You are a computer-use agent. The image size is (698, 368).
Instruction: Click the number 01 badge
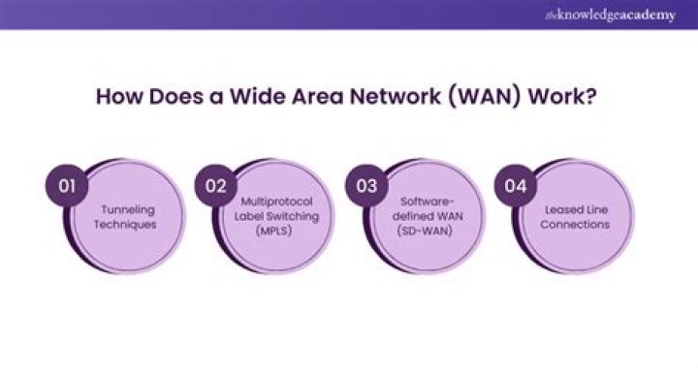67,185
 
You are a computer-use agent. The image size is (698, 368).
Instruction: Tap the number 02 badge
216,185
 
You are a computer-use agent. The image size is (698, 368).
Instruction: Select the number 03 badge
366,185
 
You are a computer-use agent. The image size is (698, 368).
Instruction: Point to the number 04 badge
516,185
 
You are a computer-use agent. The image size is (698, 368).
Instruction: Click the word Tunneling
128,210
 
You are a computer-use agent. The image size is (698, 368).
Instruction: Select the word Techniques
125,225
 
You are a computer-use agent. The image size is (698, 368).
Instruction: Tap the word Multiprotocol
276,202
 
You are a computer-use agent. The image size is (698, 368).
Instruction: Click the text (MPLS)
273,231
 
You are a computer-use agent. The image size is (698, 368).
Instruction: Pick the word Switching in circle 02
296,217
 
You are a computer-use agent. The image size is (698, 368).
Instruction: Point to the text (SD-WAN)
426,231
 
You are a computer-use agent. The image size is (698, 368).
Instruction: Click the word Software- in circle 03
427,201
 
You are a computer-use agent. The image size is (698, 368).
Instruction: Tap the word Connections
575,225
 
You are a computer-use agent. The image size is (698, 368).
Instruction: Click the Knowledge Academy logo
611,15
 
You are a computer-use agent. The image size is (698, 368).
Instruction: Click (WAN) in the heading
484,98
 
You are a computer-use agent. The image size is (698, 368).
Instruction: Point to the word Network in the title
395,97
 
